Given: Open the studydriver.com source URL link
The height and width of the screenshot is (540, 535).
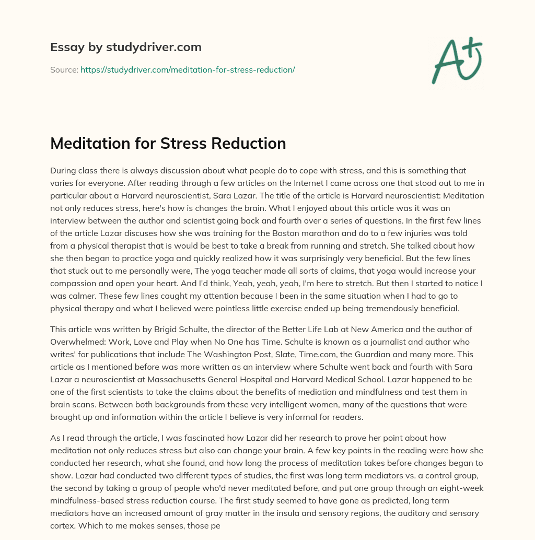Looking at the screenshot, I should pyautogui.click(x=188, y=69).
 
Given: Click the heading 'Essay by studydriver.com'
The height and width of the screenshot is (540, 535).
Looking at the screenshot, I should pyautogui.click(x=125, y=48).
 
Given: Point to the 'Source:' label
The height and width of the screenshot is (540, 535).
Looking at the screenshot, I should pyautogui.click(x=64, y=69).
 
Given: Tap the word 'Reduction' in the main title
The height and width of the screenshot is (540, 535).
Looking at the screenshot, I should pyautogui.click(x=250, y=143).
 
